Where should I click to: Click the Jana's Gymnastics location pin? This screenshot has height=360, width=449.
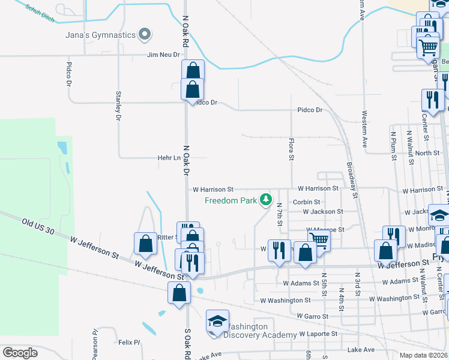coord(144,35)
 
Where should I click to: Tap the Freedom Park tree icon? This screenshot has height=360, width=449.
coord(265,200)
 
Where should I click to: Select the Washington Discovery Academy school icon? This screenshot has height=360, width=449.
coord(217,321)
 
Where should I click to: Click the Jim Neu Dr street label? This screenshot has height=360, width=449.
coord(164,55)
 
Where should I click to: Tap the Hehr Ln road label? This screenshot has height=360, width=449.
coord(169,158)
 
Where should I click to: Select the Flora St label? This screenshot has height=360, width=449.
coord(291,150)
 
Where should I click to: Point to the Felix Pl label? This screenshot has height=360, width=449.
coord(129,343)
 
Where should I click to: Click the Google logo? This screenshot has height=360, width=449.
coord(20,352)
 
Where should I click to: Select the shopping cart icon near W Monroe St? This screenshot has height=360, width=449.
coord(319,240)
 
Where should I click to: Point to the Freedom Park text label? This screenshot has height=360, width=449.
coord(231,200)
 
